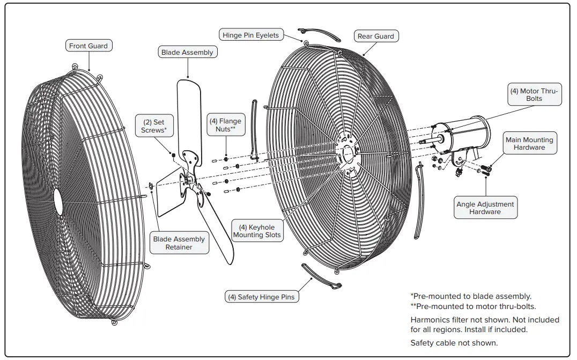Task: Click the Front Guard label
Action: click(x=88, y=46)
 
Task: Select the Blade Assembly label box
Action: click(x=187, y=53)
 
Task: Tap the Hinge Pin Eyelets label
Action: click(x=251, y=35)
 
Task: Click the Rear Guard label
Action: click(x=375, y=36)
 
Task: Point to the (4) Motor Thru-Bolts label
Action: click(x=534, y=95)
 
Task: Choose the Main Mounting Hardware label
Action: click(x=529, y=144)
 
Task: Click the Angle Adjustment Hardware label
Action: click(x=485, y=208)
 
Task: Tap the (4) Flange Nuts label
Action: click(x=225, y=126)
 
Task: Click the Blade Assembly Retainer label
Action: click(x=179, y=243)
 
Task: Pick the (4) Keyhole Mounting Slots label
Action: click(x=257, y=231)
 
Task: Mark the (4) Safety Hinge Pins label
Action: click(x=261, y=297)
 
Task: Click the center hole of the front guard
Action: click(x=57, y=203)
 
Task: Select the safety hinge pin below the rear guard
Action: click(x=321, y=276)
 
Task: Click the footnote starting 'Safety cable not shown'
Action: click(x=454, y=343)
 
